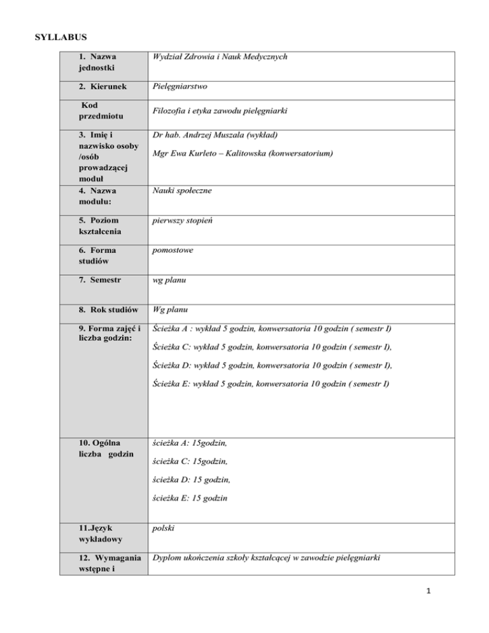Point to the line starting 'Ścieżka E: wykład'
click(x=272, y=385)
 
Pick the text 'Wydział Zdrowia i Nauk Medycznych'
click(x=220, y=57)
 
